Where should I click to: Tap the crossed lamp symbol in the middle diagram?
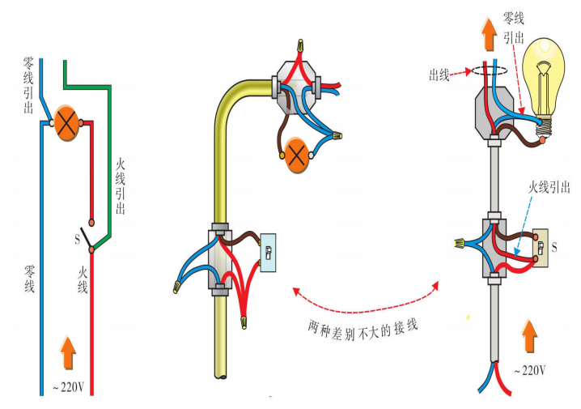297,154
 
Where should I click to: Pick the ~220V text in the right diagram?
530,370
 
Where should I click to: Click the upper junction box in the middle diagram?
296,82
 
